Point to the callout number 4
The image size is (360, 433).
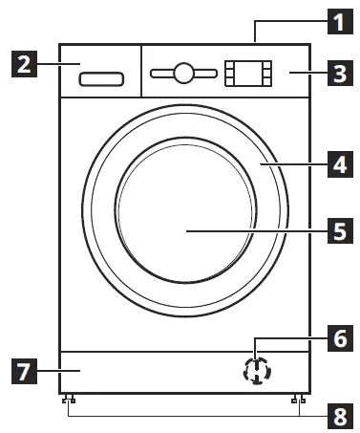tap(336, 164)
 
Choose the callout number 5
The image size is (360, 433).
tap(336, 230)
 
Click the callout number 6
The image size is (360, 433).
tap(336, 336)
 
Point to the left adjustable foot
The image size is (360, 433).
tap(69, 400)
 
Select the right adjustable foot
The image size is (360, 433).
tap(299, 400)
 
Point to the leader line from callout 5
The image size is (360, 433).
tap(258, 230)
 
